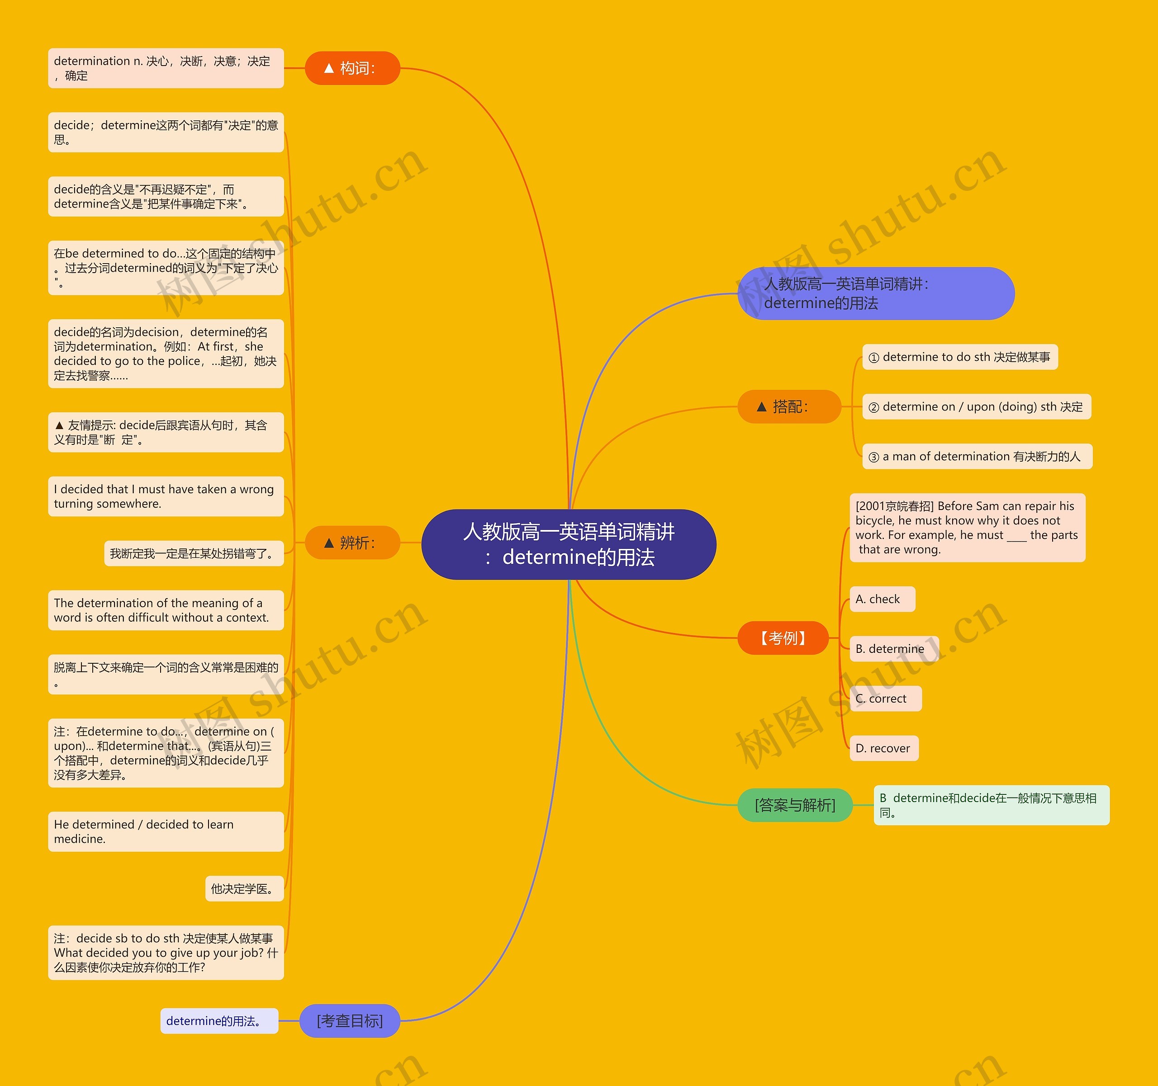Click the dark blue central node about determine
(569, 544)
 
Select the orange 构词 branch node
(352, 68)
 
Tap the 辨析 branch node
(352, 543)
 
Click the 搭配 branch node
(789, 406)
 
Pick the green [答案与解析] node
(794, 805)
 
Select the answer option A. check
(882, 599)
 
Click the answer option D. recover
(883, 748)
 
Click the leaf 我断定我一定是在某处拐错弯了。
(194, 553)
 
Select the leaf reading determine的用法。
(219, 1021)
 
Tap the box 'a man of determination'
(977, 457)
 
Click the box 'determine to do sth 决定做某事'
(959, 357)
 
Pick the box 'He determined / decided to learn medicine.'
(166, 831)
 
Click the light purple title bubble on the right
(875, 293)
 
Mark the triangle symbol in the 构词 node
(328, 68)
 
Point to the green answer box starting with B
(991, 805)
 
